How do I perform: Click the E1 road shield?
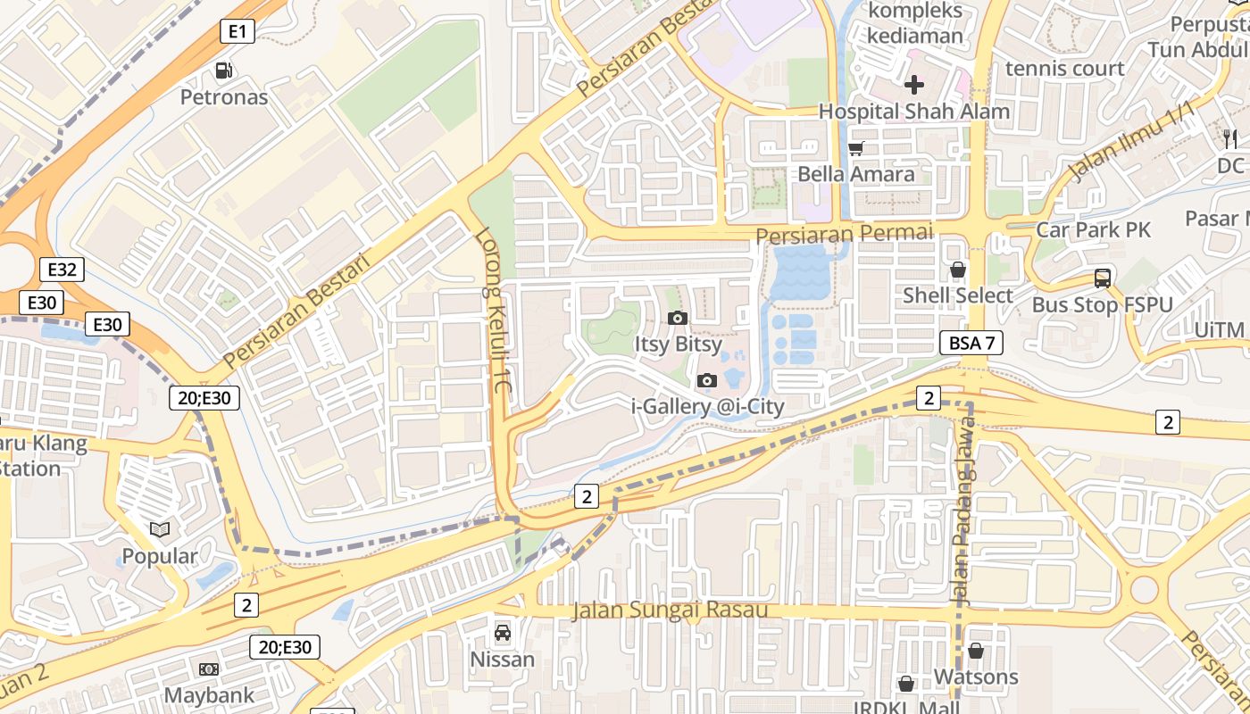pos(237,32)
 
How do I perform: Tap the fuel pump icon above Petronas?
pos(224,70)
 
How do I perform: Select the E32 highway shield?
pos(62,270)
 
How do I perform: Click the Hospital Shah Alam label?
pos(914,112)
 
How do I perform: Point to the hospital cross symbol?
pos(914,85)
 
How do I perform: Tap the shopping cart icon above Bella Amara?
pos(856,148)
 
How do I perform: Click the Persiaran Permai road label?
pos(844,234)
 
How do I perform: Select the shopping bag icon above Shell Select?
pos(958,269)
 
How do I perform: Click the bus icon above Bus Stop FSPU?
pos(1103,278)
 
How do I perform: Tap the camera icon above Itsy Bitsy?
pos(677,318)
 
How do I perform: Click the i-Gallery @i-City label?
pos(708,407)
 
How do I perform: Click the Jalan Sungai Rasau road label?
pos(670,610)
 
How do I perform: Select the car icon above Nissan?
pos(503,633)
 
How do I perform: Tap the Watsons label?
pos(976,677)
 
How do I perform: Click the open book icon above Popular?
pos(160,529)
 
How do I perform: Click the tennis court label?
pos(1064,69)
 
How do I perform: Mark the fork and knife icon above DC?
pos(1230,138)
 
